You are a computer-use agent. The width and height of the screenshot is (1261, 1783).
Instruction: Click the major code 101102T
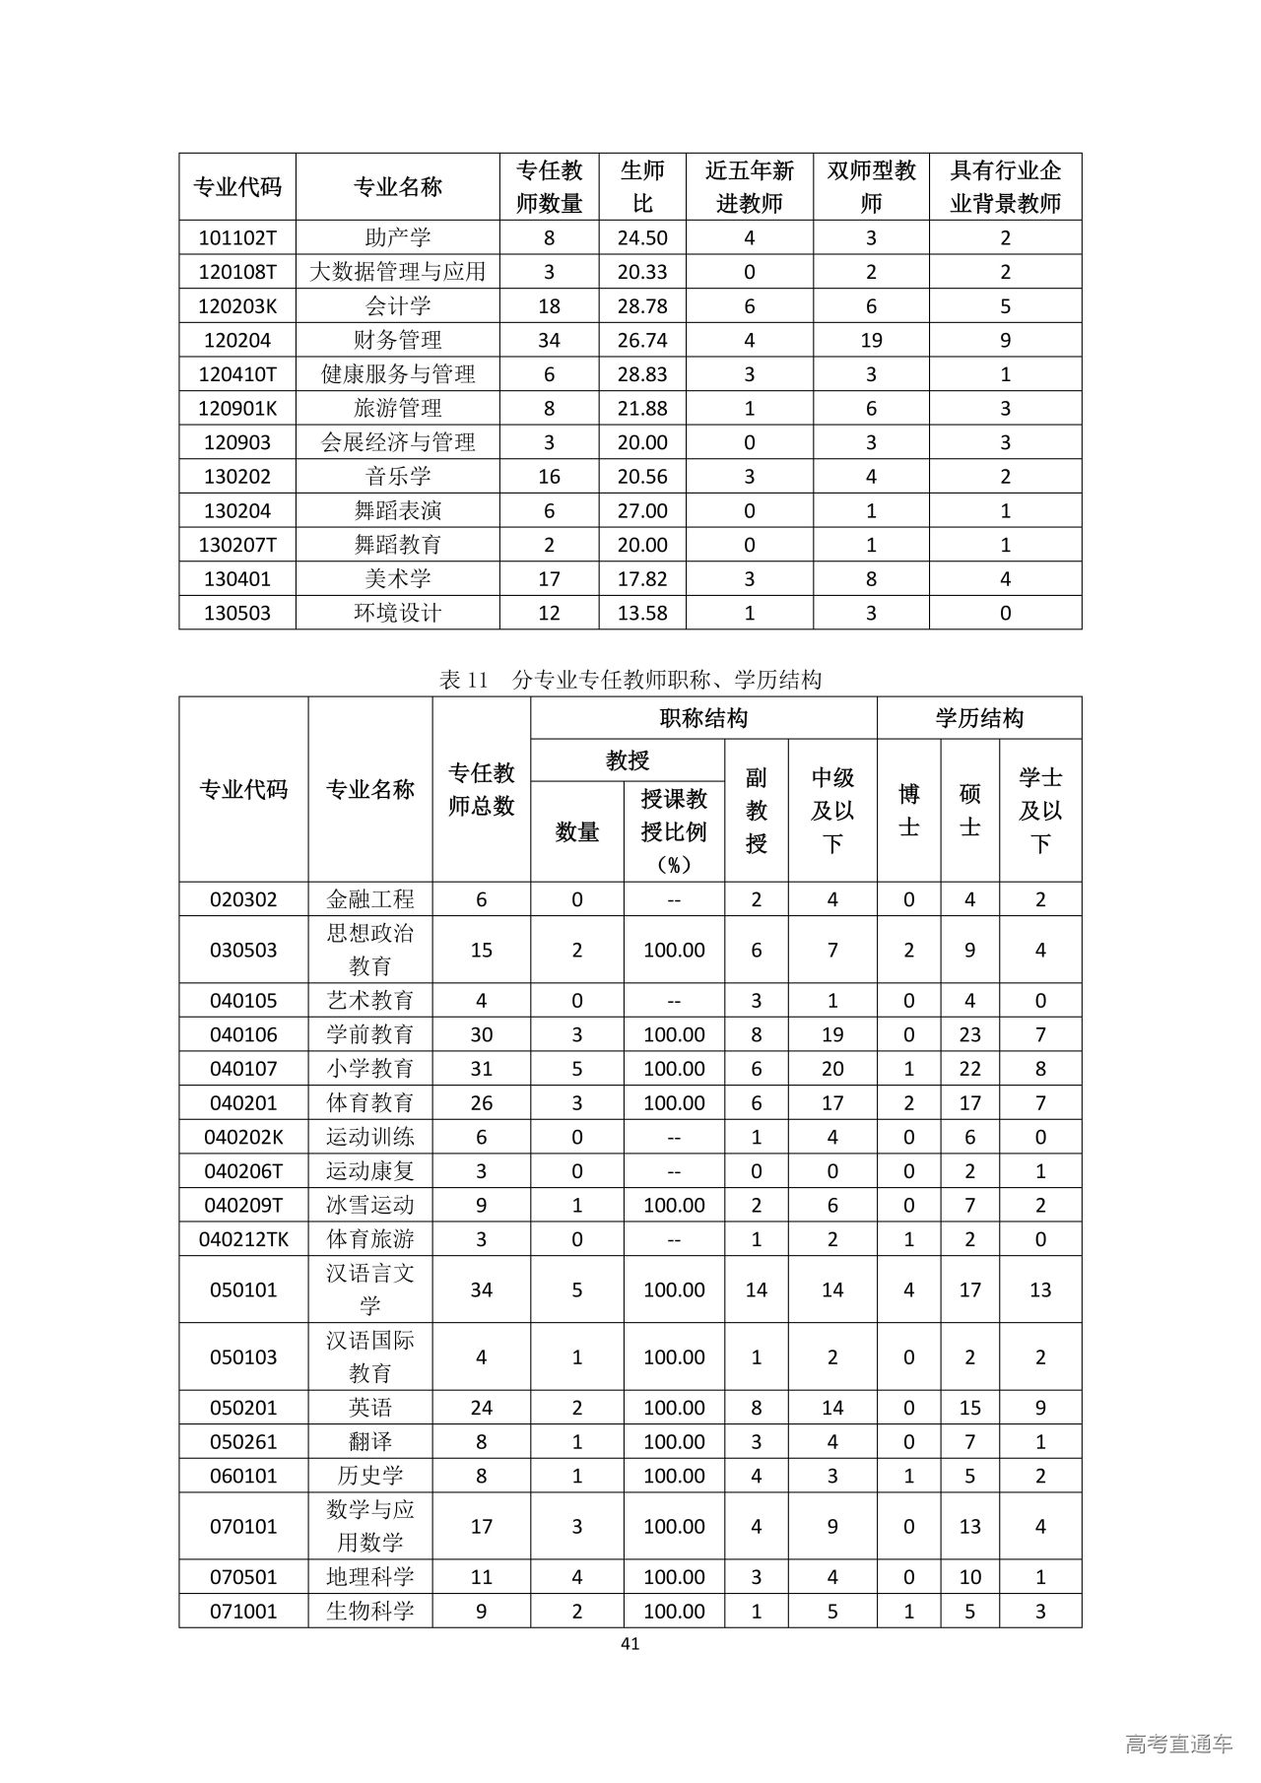pyautogui.click(x=237, y=237)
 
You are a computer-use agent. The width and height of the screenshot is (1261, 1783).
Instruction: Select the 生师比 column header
pyautogui.click(x=642, y=187)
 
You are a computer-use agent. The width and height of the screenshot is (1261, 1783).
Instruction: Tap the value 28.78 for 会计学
pyautogui.click(x=642, y=306)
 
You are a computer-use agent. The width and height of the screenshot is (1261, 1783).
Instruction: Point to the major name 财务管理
pyautogui.click(x=398, y=340)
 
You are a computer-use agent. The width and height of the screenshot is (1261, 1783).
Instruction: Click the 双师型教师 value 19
pyautogui.click(x=871, y=340)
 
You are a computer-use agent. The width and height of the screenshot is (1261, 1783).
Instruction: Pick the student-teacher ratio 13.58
pyautogui.click(x=642, y=613)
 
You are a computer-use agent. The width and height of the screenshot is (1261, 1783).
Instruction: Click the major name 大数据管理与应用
pyautogui.click(x=398, y=272)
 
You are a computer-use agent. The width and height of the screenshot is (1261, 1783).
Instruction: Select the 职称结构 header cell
pyautogui.click(x=703, y=718)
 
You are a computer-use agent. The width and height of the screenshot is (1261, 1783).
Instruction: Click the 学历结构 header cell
pyautogui.click(x=979, y=718)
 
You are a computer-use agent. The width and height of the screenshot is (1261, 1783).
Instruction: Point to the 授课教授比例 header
pyautogui.click(x=674, y=830)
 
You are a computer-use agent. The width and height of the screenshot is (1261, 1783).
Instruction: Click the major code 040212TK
pyautogui.click(x=243, y=1239)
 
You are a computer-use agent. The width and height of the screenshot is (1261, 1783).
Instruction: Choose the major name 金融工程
pyautogui.click(x=370, y=899)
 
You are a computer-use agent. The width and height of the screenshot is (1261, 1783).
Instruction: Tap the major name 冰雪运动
pyautogui.click(x=370, y=1205)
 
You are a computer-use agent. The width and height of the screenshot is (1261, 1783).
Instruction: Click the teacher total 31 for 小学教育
pyautogui.click(x=481, y=1069)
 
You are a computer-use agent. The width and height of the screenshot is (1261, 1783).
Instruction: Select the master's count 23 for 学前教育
pyautogui.click(x=969, y=1034)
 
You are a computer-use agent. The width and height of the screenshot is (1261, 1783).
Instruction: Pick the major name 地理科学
pyautogui.click(x=370, y=1577)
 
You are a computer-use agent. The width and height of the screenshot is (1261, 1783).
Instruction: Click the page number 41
pyautogui.click(x=630, y=1643)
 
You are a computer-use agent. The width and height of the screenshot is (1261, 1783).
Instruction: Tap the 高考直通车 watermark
pyautogui.click(x=1178, y=1744)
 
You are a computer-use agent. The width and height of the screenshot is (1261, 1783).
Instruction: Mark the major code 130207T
pyautogui.click(x=237, y=545)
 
